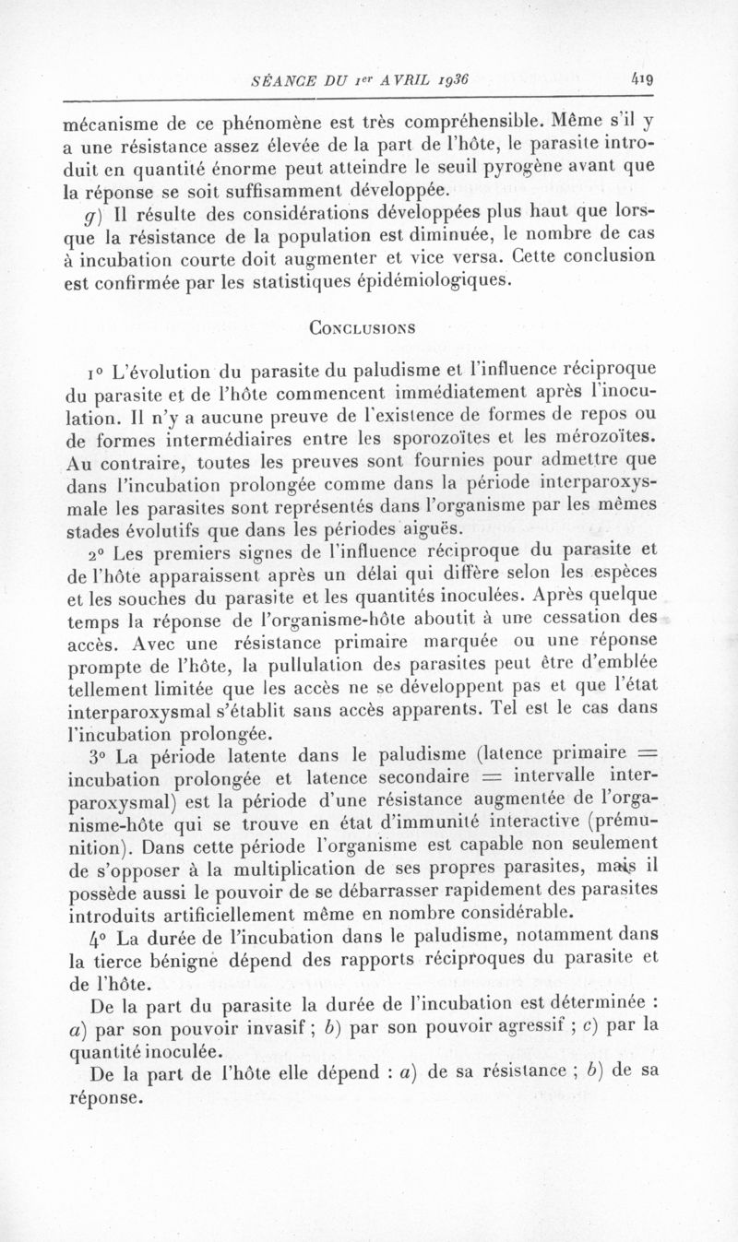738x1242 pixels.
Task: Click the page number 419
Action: coord(642,80)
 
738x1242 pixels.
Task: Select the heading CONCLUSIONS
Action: coord(362,326)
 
